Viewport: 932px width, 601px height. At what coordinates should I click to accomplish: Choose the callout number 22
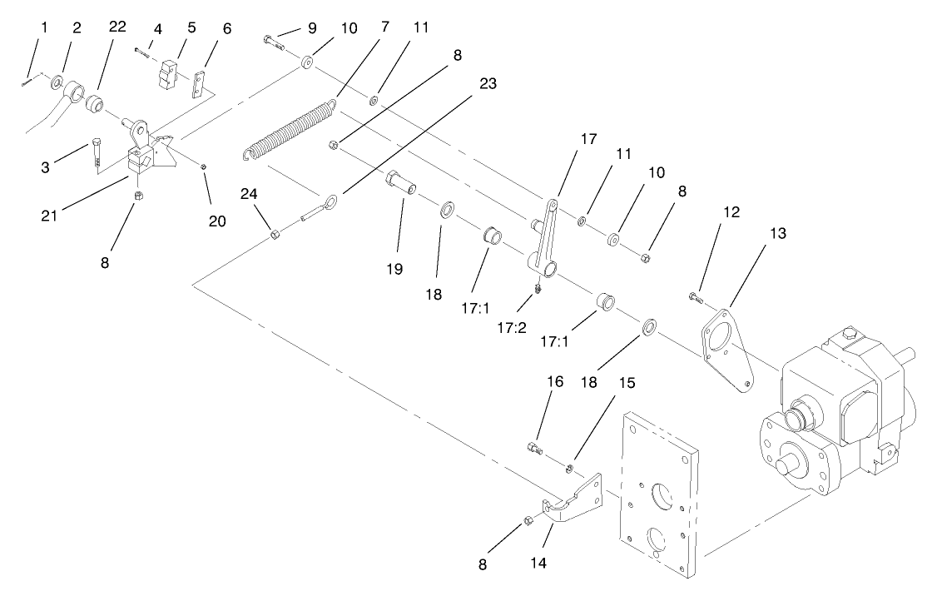pos(117,27)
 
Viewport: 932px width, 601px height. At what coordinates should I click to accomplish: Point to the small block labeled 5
pos(170,72)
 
